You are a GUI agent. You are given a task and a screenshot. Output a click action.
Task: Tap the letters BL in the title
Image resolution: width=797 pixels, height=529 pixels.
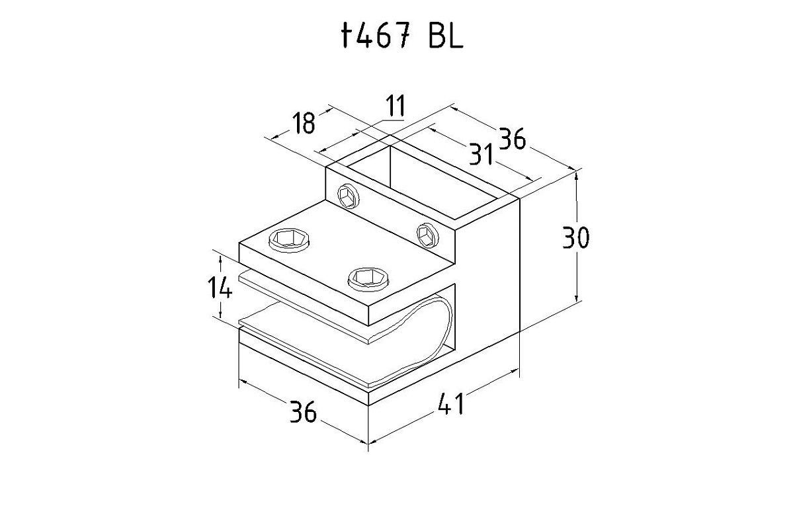(x=446, y=35)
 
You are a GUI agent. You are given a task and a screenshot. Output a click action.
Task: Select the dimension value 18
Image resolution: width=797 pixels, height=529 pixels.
(x=304, y=123)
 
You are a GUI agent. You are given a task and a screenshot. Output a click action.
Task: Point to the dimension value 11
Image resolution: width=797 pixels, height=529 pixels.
(x=396, y=106)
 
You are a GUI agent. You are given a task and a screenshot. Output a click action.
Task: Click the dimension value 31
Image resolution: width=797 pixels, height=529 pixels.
(x=481, y=154)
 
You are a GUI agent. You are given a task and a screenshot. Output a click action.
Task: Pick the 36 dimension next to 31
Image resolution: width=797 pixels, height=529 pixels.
(x=513, y=139)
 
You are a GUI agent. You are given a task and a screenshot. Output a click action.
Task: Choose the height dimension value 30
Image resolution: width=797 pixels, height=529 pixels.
(x=575, y=237)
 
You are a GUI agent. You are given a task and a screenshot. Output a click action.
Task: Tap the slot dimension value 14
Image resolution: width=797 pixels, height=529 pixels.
(x=220, y=287)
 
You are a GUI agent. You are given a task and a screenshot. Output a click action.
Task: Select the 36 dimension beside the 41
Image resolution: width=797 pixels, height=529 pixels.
(x=303, y=411)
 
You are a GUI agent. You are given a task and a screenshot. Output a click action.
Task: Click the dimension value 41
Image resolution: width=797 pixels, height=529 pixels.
(x=451, y=404)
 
